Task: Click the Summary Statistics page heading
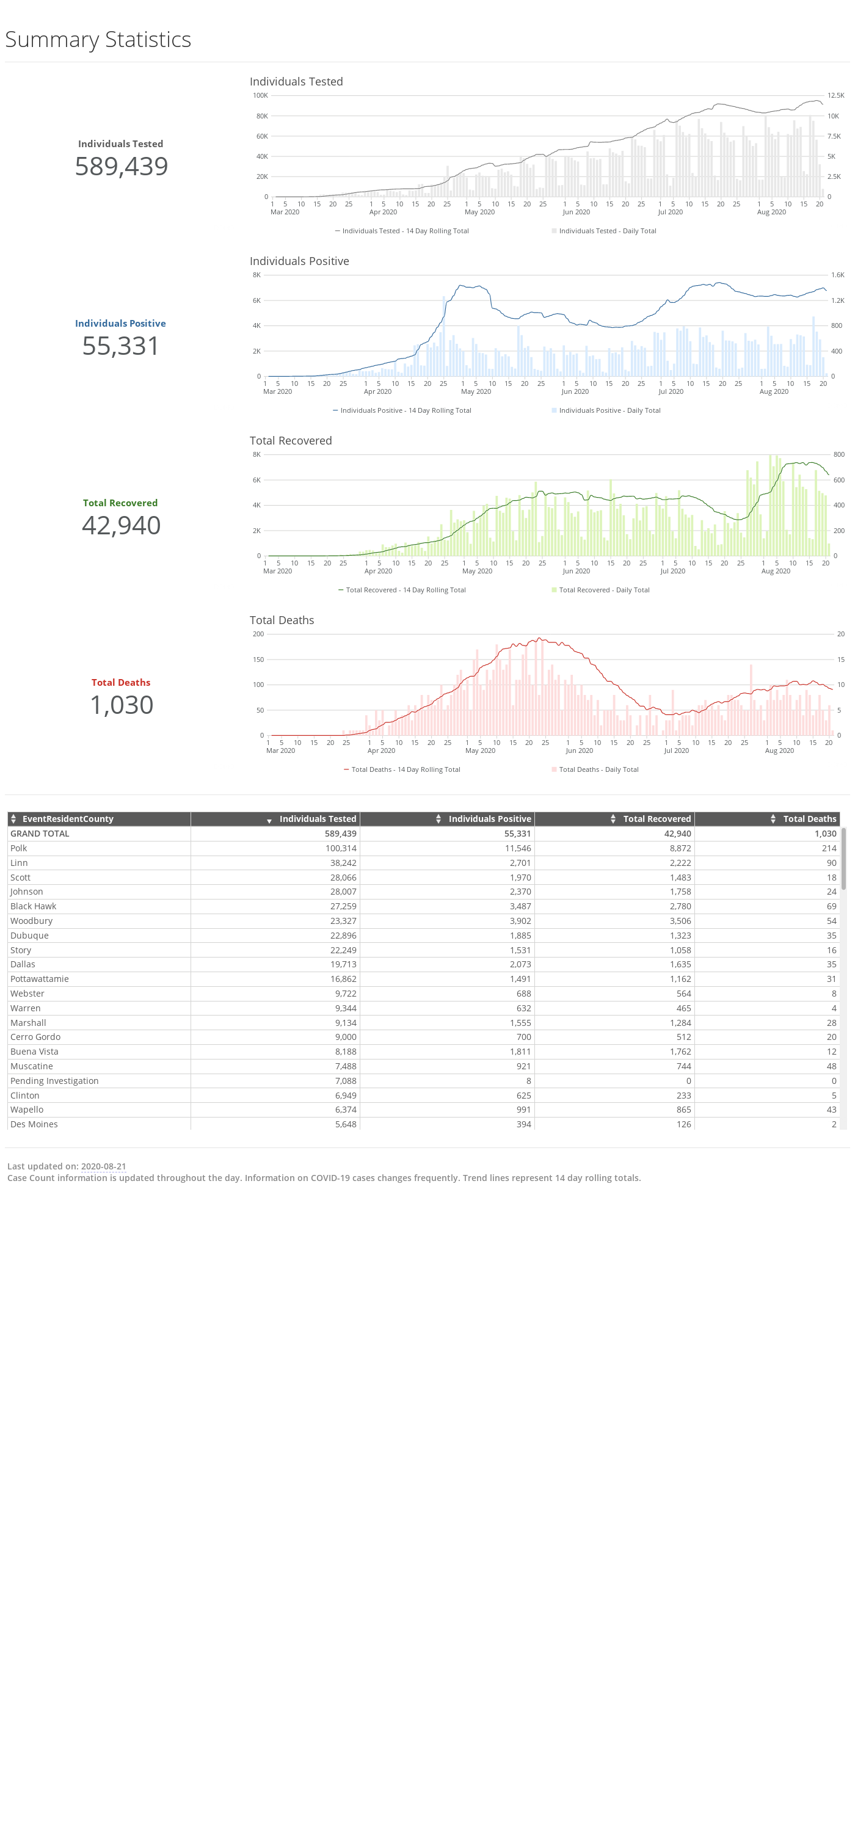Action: [98, 40]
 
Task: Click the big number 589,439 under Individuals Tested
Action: [122, 167]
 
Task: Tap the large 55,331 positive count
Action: [121, 346]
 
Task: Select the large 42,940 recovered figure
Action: [121, 526]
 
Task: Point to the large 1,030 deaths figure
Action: [122, 705]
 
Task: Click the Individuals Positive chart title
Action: [299, 261]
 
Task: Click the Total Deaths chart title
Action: [282, 620]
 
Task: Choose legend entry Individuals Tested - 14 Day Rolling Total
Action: [402, 231]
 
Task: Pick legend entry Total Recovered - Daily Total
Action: [600, 591]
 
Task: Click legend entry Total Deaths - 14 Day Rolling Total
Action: [402, 769]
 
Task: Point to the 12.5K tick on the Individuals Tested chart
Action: [836, 95]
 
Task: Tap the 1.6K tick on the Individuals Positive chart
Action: [838, 275]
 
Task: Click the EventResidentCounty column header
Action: [68, 820]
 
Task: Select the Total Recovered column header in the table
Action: [657, 820]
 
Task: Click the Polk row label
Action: [18, 848]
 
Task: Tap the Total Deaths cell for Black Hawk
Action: [832, 907]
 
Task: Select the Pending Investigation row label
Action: [54, 1081]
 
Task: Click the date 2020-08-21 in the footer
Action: [103, 1166]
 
